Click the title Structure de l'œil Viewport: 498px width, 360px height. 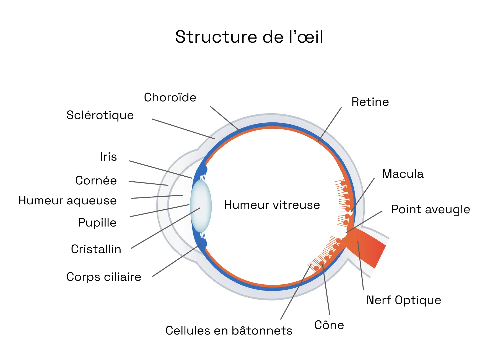point(249,37)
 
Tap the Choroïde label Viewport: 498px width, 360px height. point(170,97)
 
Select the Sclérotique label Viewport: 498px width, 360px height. point(100,115)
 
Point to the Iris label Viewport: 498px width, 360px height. point(108,157)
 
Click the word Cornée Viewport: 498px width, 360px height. point(96,181)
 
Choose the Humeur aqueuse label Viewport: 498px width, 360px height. point(68,200)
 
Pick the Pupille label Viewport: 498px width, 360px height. point(97,223)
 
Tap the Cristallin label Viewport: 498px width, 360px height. point(96,249)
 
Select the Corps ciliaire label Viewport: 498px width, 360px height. point(104,277)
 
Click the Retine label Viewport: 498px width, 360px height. point(370,102)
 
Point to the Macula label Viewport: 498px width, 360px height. point(403,174)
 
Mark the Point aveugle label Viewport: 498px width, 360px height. point(430,209)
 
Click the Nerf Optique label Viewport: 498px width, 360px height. point(404,300)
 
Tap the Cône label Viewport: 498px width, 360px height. point(329,325)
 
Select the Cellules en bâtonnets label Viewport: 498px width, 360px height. point(229,331)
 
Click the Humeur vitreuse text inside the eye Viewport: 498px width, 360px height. point(272,205)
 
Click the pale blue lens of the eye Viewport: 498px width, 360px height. point(201,206)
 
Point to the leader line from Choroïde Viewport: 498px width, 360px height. point(224,118)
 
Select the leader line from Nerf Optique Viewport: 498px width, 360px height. point(360,266)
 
